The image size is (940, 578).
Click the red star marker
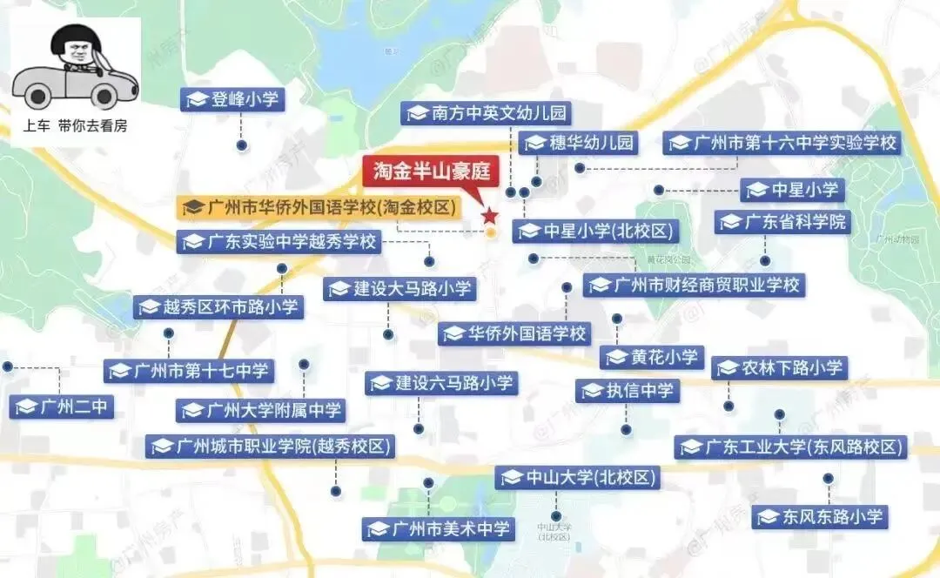[x=489, y=215]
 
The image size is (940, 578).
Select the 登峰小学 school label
[x=233, y=99]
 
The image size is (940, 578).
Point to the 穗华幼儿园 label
[x=579, y=143]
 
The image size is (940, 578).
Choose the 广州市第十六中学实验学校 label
[x=782, y=143]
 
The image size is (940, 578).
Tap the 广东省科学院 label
[x=782, y=222]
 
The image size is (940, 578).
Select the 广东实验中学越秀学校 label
[x=279, y=241]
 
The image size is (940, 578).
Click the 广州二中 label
[x=64, y=406]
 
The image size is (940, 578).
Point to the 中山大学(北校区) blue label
[x=578, y=477]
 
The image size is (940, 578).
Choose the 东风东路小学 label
[x=820, y=516]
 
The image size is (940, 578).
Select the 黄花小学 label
[x=652, y=357]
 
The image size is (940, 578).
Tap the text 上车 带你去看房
[x=75, y=125]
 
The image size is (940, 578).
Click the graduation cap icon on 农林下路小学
[x=728, y=368]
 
